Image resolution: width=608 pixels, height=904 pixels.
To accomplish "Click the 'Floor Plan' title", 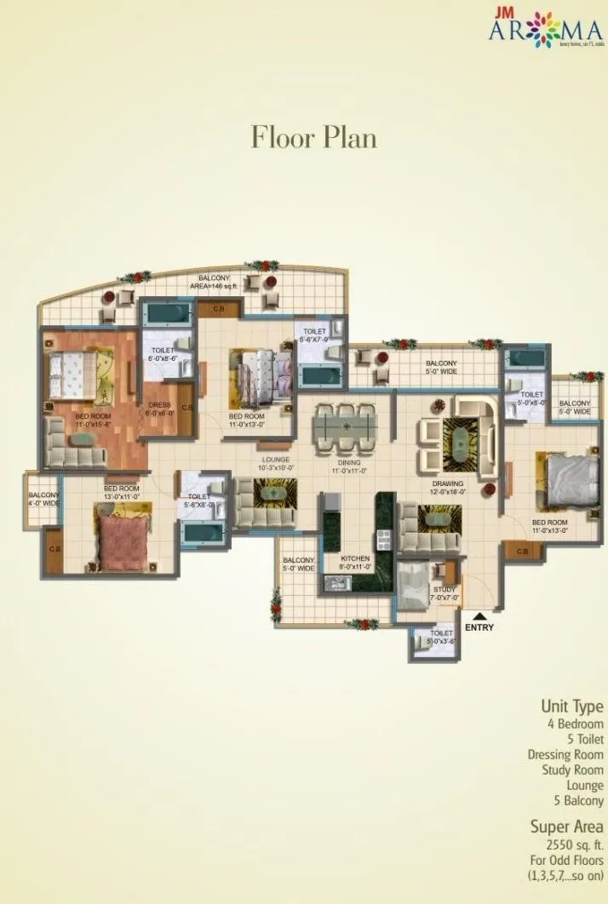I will pos(313,136).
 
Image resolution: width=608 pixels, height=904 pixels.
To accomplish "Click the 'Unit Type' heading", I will pos(572,706).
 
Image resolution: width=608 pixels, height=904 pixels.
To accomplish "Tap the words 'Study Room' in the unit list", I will pos(572,770).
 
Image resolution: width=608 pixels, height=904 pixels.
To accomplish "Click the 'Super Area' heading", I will pos(567,827).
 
